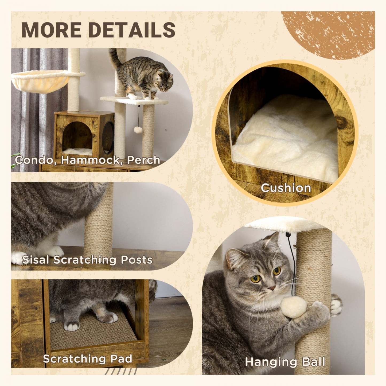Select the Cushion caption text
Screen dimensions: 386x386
[x=286, y=188]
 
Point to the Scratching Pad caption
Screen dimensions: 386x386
[x=88, y=358]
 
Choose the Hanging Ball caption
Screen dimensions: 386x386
[x=285, y=362]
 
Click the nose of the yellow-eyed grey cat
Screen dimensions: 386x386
[x=272, y=288]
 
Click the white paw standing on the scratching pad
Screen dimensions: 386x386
[x=72, y=326]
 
